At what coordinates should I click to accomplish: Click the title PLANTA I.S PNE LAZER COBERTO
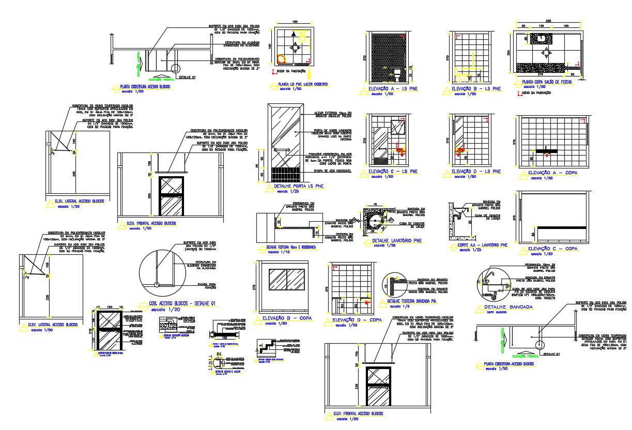pyautogui.click(x=303, y=84)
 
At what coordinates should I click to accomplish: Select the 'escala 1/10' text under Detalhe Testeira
pyautogui.click(x=285, y=253)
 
